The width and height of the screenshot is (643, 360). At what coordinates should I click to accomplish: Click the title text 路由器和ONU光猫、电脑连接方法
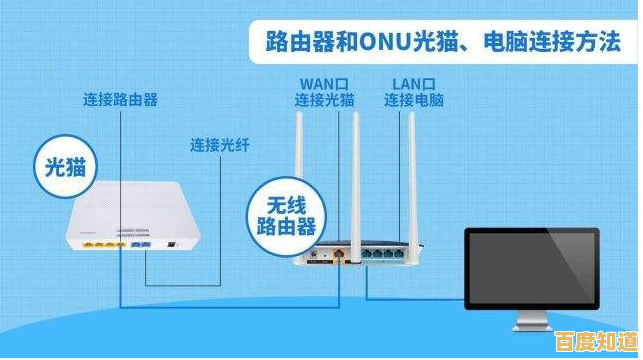(441, 42)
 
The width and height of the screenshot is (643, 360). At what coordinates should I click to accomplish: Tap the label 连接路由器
(119, 99)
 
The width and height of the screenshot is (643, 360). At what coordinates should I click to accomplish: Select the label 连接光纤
(219, 146)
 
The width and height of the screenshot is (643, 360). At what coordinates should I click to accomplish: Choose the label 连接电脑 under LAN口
(414, 100)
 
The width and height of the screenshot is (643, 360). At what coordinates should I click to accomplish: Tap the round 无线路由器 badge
(285, 214)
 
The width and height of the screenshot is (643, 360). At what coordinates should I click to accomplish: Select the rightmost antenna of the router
(409, 170)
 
